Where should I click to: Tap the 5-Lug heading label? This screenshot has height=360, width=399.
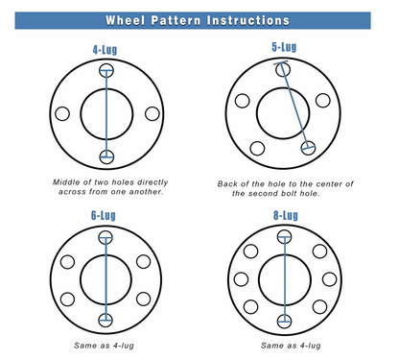click(x=285, y=46)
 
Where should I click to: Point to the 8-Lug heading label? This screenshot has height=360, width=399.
click(x=285, y=216)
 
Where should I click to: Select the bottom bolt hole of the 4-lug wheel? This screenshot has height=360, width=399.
click(x=106, y=157)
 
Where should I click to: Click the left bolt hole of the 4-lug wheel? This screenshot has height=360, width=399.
click(x=63, y=114)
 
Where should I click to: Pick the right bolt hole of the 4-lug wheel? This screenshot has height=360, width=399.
click(x=151, y=114)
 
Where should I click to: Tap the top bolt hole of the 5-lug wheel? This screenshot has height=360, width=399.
click(x=282, y=69)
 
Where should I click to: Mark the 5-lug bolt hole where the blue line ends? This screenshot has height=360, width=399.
click(x=308, y=148)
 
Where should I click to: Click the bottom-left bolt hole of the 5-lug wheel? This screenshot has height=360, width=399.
click(x=257, y=148)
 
